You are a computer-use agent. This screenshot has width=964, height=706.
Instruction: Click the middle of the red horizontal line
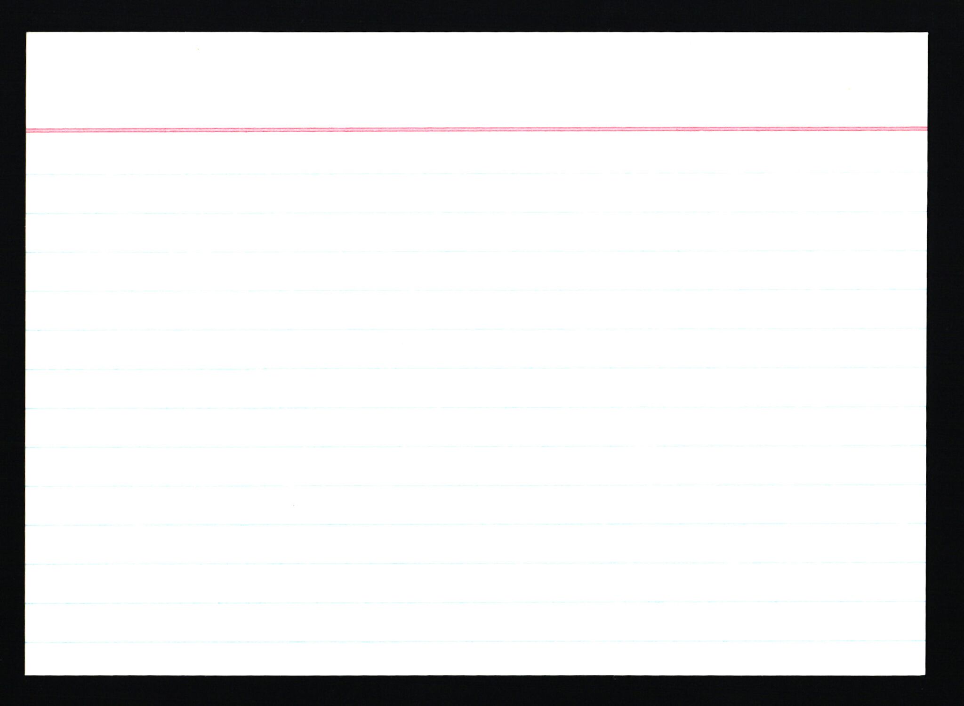click(x=476, y=129)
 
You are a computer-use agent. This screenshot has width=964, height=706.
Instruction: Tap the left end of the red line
click(x=27, y=130)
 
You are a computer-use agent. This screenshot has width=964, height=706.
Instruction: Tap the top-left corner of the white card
click(x=26, y=33)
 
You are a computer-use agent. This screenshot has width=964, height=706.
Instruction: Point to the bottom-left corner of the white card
click(x=25, y=674)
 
